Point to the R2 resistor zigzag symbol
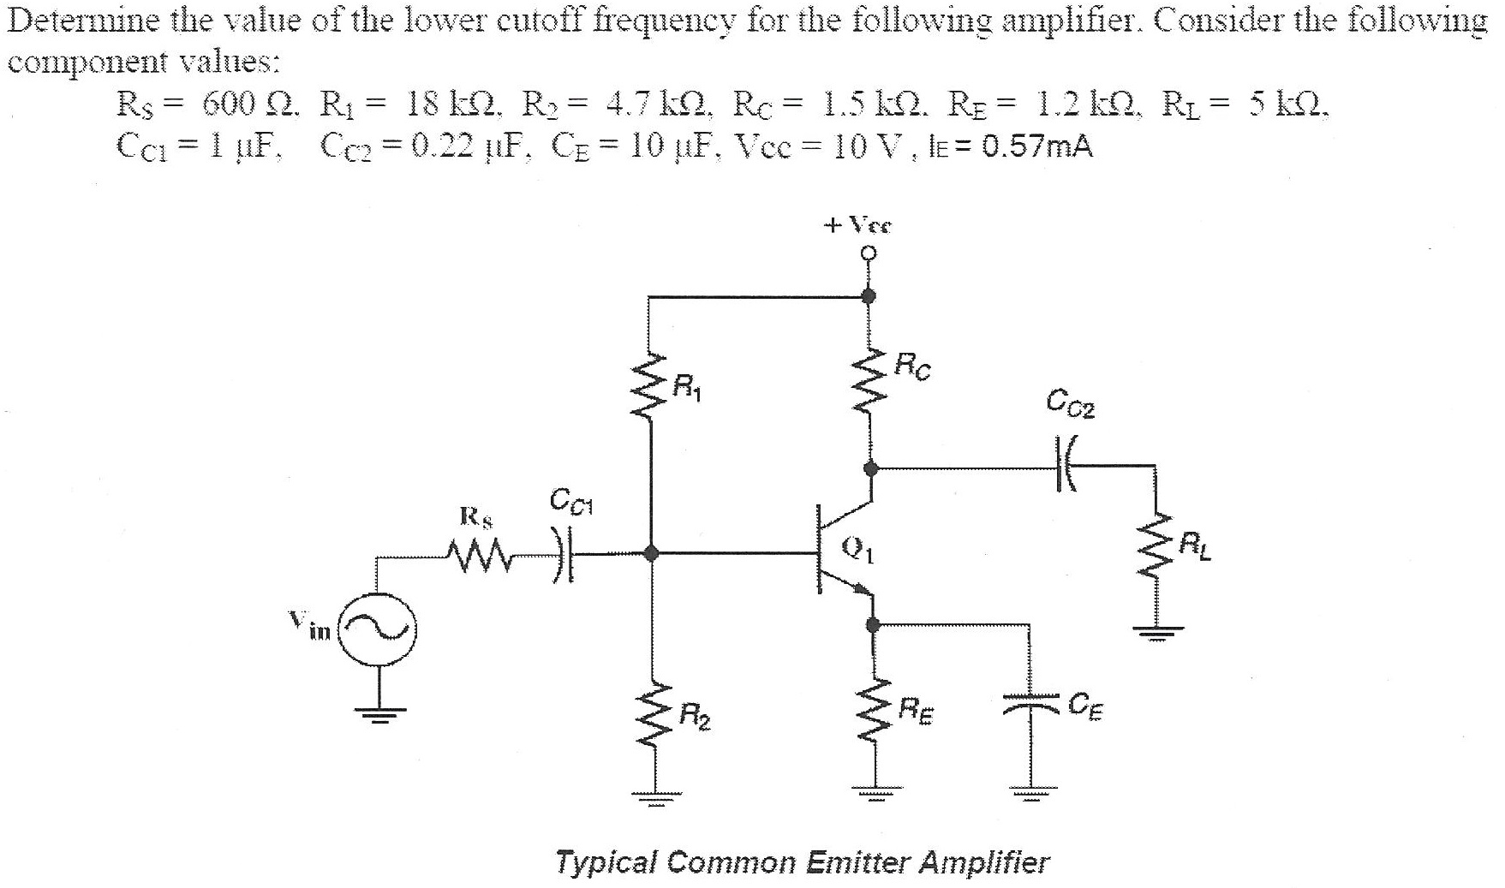(x=651, y=720)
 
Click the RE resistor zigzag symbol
(x=874, y=718)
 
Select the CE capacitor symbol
(x=1030, y=704)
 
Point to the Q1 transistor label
(x=858, y=548)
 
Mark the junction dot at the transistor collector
(x=870, y=468)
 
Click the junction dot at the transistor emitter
(x=873, y=625)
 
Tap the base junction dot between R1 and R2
(x=651, y=554)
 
